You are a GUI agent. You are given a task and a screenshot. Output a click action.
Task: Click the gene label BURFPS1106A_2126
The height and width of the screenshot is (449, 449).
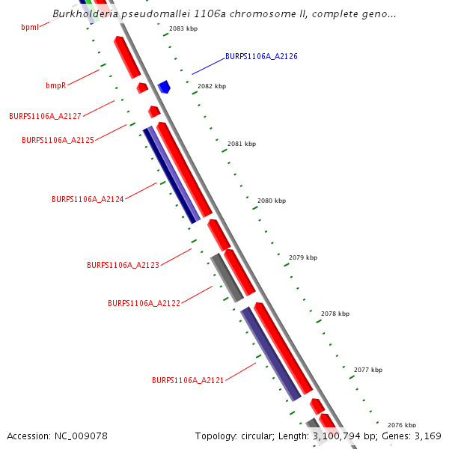tap(261, 56)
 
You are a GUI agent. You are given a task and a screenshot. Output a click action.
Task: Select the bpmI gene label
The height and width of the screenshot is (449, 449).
tap(30, 27)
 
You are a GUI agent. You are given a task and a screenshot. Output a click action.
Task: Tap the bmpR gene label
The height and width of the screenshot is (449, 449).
tap(56, 85)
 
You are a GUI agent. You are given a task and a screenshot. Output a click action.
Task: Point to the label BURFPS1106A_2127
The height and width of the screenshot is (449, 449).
tap(45, 116)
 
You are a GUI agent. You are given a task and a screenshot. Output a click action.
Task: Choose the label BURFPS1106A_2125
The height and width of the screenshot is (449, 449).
tap(58, 140)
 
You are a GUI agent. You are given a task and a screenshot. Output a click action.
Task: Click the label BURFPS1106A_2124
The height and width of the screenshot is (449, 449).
tap(88, 199)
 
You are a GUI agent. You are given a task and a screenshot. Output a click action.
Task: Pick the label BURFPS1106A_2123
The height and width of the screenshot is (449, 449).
tap(123, 265)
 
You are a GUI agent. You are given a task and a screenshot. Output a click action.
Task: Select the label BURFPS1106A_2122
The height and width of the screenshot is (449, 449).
tap(144, 303)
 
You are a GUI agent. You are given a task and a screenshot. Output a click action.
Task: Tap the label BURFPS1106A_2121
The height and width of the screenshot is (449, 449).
tap(188, 380)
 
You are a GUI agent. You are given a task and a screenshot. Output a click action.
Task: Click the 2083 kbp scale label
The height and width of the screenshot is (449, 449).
tap(183, 28)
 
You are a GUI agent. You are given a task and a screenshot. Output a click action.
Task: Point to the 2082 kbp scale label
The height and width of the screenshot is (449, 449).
tap(212, 86)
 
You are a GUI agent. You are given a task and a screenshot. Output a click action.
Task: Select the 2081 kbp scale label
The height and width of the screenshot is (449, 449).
tap(242, 144)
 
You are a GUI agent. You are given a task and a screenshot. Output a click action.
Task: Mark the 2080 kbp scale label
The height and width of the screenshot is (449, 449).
tap(272, 201)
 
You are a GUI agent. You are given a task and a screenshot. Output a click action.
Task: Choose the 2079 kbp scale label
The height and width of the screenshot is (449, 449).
tap(303, 257)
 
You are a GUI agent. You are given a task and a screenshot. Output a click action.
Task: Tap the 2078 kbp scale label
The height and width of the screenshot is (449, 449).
tap(335, 314)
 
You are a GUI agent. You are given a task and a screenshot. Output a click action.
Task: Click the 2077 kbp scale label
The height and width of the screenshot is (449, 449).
tap(368, 370)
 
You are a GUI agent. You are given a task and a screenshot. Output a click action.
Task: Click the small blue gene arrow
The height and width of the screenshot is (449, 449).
tap(164, 87)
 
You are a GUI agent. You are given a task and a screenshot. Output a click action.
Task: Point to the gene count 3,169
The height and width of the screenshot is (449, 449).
tap(427, 436)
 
